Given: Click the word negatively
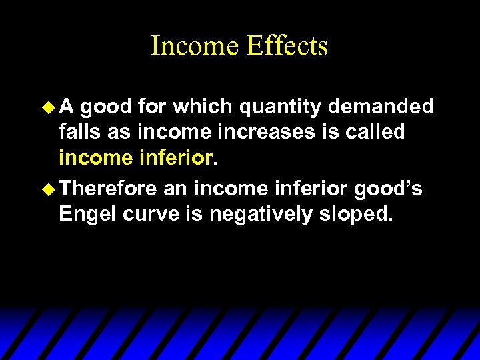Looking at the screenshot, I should click(260, 215).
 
